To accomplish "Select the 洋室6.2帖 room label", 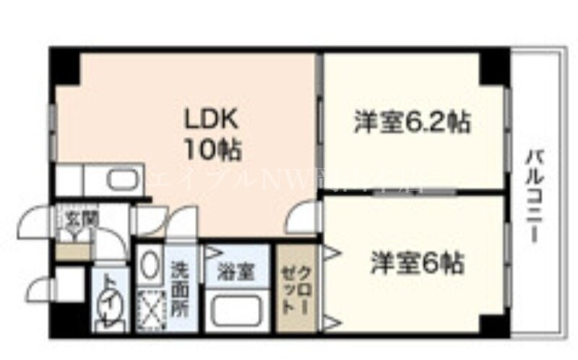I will [412, 121].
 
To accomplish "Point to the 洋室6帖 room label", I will [418, 262].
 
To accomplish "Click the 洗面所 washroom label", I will [181, 287].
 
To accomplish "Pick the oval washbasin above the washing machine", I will [150, 266].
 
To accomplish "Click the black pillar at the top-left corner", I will [64, 65].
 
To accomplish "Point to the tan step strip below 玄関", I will [74, 252].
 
